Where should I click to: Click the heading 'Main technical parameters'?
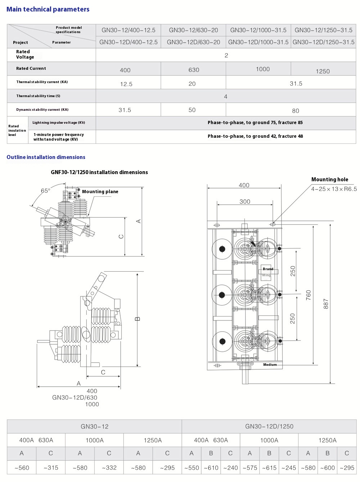(48, 9)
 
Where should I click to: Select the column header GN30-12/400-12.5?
(129, 30)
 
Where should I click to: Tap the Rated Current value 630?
(194, 70)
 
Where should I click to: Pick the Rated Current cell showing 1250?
(323, 71)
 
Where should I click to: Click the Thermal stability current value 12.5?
(126, 84)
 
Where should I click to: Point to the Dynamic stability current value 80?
(296, 111)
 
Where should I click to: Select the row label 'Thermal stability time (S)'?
(38, 96)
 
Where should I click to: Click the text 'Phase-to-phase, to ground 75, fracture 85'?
(255, 123)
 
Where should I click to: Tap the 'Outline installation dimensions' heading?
(46, 157)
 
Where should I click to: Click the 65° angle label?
(46, 191)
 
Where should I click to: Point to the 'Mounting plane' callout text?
(100, 192)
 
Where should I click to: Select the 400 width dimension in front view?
(244, 185)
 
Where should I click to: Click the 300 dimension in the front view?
(245, 202)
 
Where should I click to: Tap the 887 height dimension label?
(326, 304)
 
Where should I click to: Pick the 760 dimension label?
(308, 295)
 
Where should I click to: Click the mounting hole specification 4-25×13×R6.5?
(334, 189)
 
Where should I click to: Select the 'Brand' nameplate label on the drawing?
(268, 269)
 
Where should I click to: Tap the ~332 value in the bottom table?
(109, 468)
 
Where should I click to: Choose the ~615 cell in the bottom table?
(269, 468)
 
